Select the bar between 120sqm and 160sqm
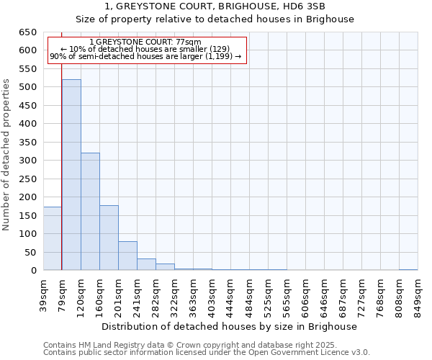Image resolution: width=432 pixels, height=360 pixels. point(90,212)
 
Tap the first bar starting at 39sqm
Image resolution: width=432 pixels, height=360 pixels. point(53,238)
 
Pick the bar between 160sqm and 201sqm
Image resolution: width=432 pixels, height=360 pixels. point(109,238)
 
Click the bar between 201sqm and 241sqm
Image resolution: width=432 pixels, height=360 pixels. point(127,256)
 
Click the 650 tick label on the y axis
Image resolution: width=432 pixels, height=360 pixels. point(27,32)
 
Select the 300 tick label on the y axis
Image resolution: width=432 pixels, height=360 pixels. point(27,161)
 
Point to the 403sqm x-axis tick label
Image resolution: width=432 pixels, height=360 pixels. point(212,293)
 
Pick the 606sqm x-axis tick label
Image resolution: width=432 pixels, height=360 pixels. point(305,293)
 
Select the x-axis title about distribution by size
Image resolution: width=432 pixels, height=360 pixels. point(230,326)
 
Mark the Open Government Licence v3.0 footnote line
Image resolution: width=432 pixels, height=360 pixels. point(206,353)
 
